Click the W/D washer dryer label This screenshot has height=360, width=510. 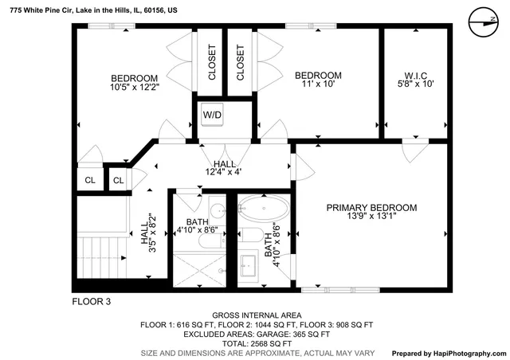click(x=212, y=115)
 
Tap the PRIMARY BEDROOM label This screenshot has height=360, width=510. click(x=371, y=207)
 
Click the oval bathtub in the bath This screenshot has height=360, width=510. click(x=265, y=210)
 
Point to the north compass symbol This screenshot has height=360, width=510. click(x=478, y=22)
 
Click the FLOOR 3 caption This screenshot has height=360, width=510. click(x=92, y=302)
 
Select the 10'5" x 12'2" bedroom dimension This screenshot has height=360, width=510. click(x=135, y=88)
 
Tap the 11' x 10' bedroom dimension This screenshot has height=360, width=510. click(x=318, y=86)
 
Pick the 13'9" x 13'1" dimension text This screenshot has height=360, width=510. click(x=371, y=217)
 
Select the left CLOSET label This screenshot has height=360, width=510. click(x=212, y=62)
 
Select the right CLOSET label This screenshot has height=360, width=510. click(x=241, y=62)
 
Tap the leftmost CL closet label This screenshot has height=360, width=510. click(x=89, y=181)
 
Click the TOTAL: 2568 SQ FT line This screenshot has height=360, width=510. click(x=256, y=342)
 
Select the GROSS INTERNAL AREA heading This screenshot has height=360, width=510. click(x=256, y=315)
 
